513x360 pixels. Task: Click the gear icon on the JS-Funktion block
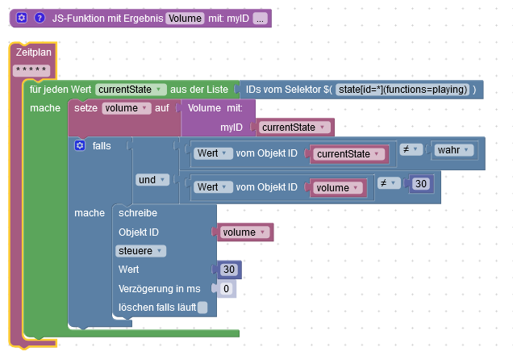tap(22, 18)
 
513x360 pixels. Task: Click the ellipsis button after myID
tap(259, 18)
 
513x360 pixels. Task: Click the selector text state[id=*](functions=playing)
tap(402, 89)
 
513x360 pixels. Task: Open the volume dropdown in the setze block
tap(127, 107)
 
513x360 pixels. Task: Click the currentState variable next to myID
tap(294, 127)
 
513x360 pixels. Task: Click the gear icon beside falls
tap(80, 145)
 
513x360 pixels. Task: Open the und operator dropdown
tap(152, 179)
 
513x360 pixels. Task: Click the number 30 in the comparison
tap(419, 184)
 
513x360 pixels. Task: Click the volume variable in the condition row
tap(336, 188)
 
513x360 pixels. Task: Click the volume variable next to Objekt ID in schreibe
tap(244, 232)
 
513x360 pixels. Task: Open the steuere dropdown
tap(140, 251)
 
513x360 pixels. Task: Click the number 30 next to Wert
tap(228, 270)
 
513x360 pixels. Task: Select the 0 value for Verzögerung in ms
tap(227, 288)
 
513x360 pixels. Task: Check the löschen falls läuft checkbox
tap(202, 307)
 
